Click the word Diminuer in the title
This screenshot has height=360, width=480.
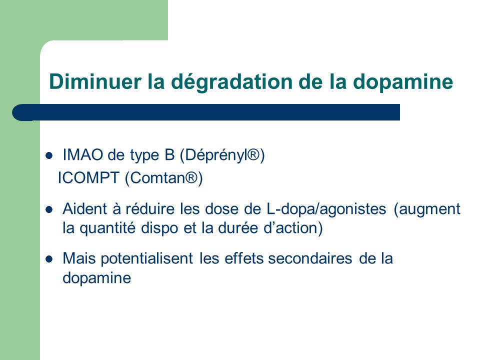pyautogui.click(x=95, y=81)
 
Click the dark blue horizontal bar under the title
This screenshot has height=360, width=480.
pyautogui.click(x=206, y=112)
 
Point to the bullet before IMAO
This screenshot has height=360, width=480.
pyautogui.click(x=49, y=156)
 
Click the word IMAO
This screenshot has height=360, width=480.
pyautogui.click(x=82, y=154)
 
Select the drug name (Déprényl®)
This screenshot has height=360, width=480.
pyautogui.click(x=222, y=155)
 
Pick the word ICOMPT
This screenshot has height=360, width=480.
pyautogui.click(x=88, y=178)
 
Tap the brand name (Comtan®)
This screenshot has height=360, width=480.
pyautogui.click(x=164, y=178)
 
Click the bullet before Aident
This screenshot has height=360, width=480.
pyautogui.click(x=49, y=210)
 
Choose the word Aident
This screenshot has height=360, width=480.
pyautogui.click(x=85, y=209)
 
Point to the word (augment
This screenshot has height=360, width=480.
pyautogui.click(x=427, y=209)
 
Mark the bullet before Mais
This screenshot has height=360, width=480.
pyautogui.click(x=49, y=259)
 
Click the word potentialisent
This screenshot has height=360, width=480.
pyautogui.click(x=147, y=259)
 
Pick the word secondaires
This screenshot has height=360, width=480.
pyautogui.click(x=310, y=258)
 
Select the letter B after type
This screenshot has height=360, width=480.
pyautogui.click(x=169, y=154)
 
